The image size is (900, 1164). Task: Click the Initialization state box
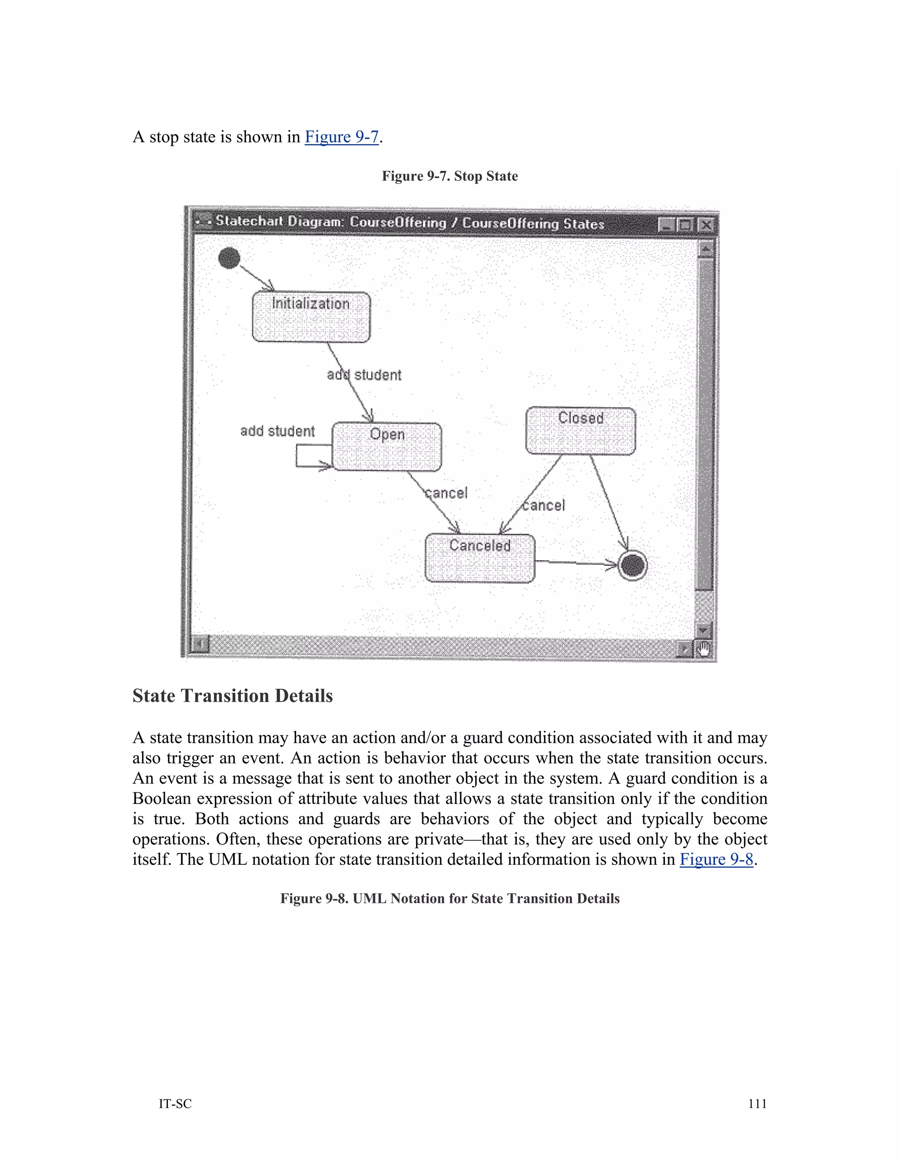311,317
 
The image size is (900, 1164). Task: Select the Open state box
387,447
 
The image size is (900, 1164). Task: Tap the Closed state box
580,430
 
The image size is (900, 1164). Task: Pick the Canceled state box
479,558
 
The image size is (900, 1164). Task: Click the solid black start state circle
229,258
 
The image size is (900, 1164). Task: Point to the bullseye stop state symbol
632,565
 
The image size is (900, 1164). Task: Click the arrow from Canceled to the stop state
576,562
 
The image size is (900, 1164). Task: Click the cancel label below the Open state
446,493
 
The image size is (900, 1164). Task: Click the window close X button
706,225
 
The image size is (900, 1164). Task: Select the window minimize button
666,225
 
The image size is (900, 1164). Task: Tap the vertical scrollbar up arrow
705,249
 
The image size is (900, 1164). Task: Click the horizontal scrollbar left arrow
200,644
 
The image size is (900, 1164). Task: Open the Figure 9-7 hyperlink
341,137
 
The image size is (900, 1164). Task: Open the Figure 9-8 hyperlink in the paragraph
716,859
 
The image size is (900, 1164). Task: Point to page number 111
757,1104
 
